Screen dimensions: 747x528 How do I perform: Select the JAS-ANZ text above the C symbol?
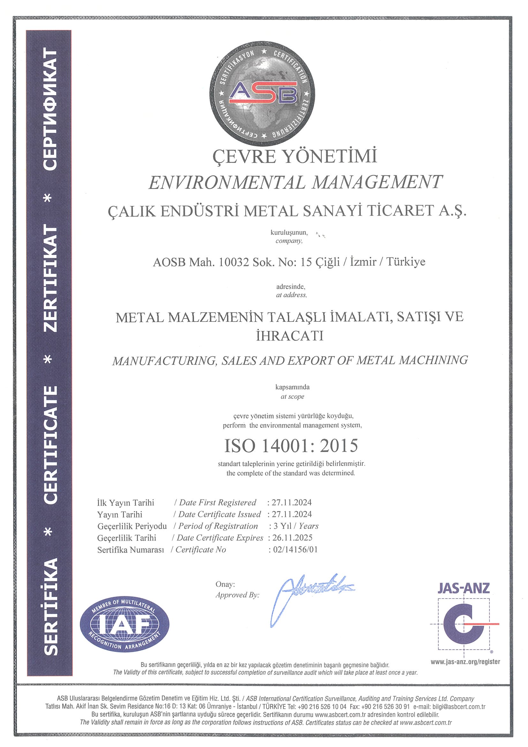pos(463,588)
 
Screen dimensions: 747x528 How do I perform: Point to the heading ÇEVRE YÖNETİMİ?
pos(295,156)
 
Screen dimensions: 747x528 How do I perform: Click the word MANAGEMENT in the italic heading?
pos(377,182)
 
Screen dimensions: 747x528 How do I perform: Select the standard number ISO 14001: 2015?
pos(291,446)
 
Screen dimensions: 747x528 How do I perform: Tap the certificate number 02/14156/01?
pos(295,549)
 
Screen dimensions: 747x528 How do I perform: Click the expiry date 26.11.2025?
pos(292,538)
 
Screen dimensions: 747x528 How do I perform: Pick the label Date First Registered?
pos(217,502)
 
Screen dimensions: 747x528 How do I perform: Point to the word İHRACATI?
pos(290,336)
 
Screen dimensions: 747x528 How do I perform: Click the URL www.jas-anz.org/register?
pos(465,661)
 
